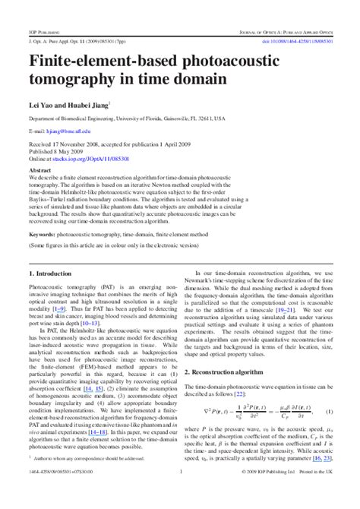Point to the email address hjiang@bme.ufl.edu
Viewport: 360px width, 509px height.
pos(67,131)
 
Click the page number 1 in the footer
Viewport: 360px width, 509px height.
pos(180,494)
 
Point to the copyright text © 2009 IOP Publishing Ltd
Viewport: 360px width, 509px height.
pos(276,494)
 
